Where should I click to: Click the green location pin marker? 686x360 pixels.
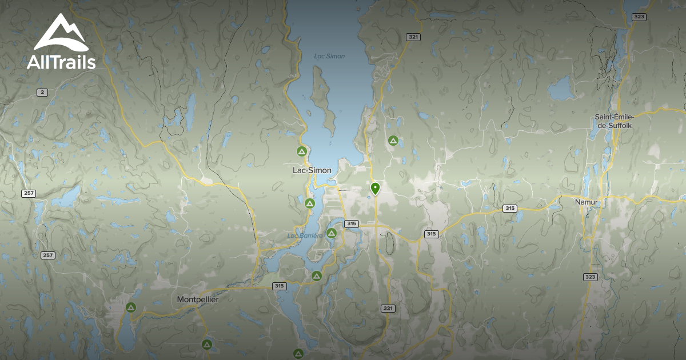[375, 188]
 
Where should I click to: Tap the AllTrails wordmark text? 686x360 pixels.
[61, 62]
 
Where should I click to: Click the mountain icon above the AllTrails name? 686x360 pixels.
[60, 33]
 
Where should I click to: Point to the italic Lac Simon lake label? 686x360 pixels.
[329, 56]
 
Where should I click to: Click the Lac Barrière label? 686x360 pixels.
[301, 235]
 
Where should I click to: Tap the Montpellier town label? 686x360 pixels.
[198, 299]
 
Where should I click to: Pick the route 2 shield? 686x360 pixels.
[42, 93]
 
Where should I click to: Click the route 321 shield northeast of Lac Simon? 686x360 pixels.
[413, 37]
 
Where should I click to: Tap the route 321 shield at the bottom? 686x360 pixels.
[388, 308]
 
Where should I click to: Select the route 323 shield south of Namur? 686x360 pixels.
[591, 277]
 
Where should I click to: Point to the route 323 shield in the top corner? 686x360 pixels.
[639, 17]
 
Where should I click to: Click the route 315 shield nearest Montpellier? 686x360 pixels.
[279, 286]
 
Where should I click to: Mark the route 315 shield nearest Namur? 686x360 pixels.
[510, 208]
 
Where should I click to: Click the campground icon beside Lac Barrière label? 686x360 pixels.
[331, 233]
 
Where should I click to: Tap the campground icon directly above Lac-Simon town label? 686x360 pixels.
[301, 151]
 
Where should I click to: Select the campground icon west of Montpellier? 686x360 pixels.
[131, 307]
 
